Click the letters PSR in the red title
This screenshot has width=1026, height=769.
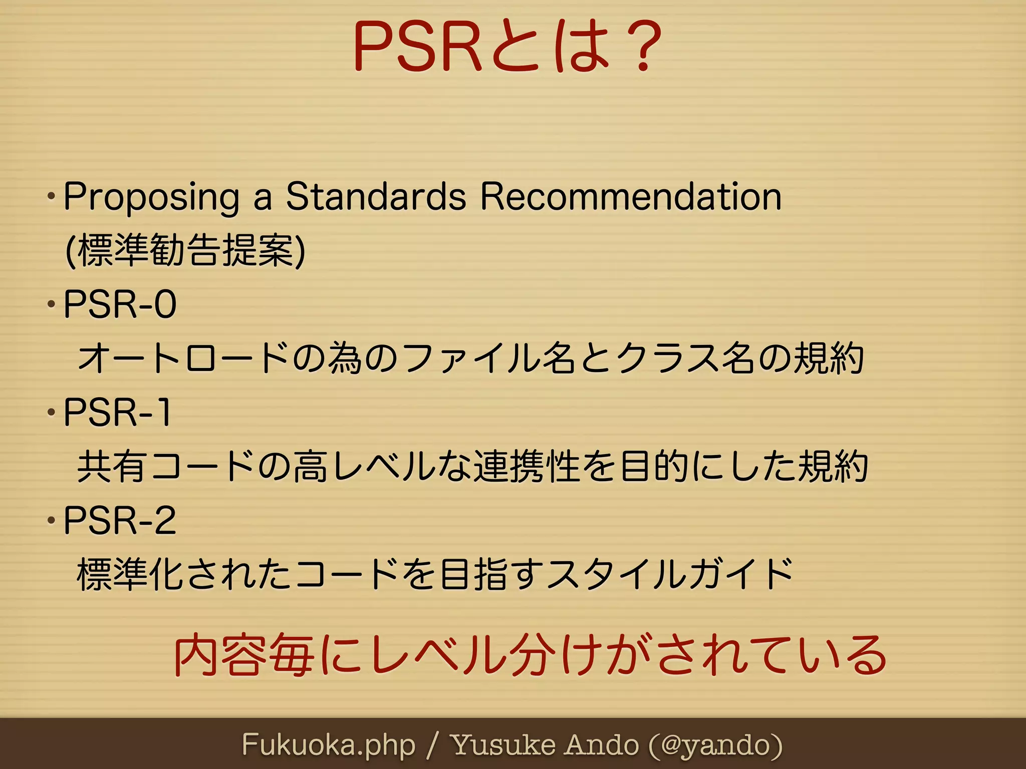pyautogui.click(x=418, y=46)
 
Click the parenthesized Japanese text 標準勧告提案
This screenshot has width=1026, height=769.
pyautogui.click(x=185, y=250)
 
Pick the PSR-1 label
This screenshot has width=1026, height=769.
pyautogui.click(x=118, y=413)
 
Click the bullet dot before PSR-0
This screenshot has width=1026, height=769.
pyautogui.click(x=51, y=304)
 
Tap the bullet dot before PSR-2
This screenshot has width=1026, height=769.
pyautogui.click(x=51, y=520)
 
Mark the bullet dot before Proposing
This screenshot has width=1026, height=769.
pyautogui.click(x=51, y=196)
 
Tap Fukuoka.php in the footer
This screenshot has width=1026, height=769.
pyautogui.click(x=329, y=745)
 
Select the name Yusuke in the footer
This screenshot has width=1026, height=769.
pyautogui.click(x=503, y=745)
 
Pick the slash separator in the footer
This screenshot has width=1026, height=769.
pyautogui.click(x=434, y=745)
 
